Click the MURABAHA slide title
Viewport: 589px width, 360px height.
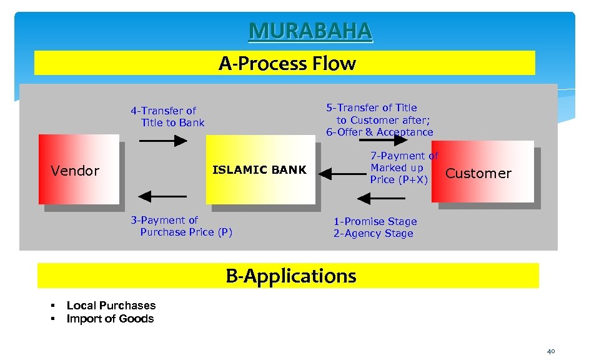[x=310, y=31]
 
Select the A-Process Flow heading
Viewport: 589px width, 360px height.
[x=287, y=64]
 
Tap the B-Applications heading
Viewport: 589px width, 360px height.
[x=290, y=276]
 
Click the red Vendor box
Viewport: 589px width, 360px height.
[x=79, y=169]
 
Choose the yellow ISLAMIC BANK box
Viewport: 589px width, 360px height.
[x=260, y=169]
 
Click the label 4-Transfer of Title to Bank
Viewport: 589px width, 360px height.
[x=167, y=117]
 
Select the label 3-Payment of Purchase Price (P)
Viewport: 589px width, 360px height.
[x=181, y=226]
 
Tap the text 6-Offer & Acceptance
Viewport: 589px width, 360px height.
[x=379, y=132]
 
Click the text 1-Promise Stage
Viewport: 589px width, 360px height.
[x=375, y=221]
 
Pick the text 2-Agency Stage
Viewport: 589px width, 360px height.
[x=373, y=234]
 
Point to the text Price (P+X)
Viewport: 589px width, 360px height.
[x=399, y=180]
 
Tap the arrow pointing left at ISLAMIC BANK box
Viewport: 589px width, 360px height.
[x=341, y=176]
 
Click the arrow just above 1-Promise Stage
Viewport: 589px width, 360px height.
[x=381, y=199]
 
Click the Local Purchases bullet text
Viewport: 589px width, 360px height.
[x=111, y=306]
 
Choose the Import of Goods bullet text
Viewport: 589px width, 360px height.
[x=110, y=319]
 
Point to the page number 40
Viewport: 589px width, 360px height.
[x=551, y=351]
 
